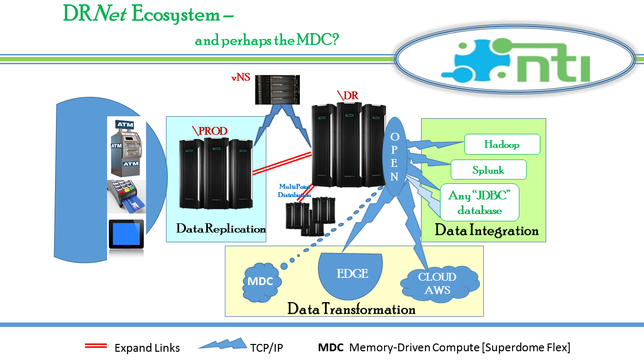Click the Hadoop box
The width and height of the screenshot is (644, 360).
click(502, 144)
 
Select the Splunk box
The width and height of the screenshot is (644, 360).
click(488, 170)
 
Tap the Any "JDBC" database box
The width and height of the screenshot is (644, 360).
click(479, 202)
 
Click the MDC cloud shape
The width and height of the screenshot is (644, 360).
click(261, 282)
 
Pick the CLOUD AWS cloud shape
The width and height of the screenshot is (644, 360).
click(440, 283)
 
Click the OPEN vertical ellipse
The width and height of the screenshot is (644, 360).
click(394, 157)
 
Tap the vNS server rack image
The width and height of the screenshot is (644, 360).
click(277, 90)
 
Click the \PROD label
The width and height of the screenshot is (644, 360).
click(210, 131)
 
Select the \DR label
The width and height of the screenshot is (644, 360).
click(348, 95)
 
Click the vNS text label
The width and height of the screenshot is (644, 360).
click(240, 77)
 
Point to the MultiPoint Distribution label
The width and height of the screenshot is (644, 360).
click(294, 191)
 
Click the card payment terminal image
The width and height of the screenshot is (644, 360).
click(127, 197)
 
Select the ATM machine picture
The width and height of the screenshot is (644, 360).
click(127, 148)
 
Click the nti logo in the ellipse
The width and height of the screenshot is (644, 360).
click(515, 60)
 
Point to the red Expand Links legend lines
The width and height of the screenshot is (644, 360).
click(96, 346)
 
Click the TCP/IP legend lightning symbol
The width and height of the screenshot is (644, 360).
click(222, 343)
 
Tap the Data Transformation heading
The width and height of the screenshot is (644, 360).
click(351, 309)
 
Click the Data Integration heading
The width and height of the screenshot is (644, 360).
click(486, 230)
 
